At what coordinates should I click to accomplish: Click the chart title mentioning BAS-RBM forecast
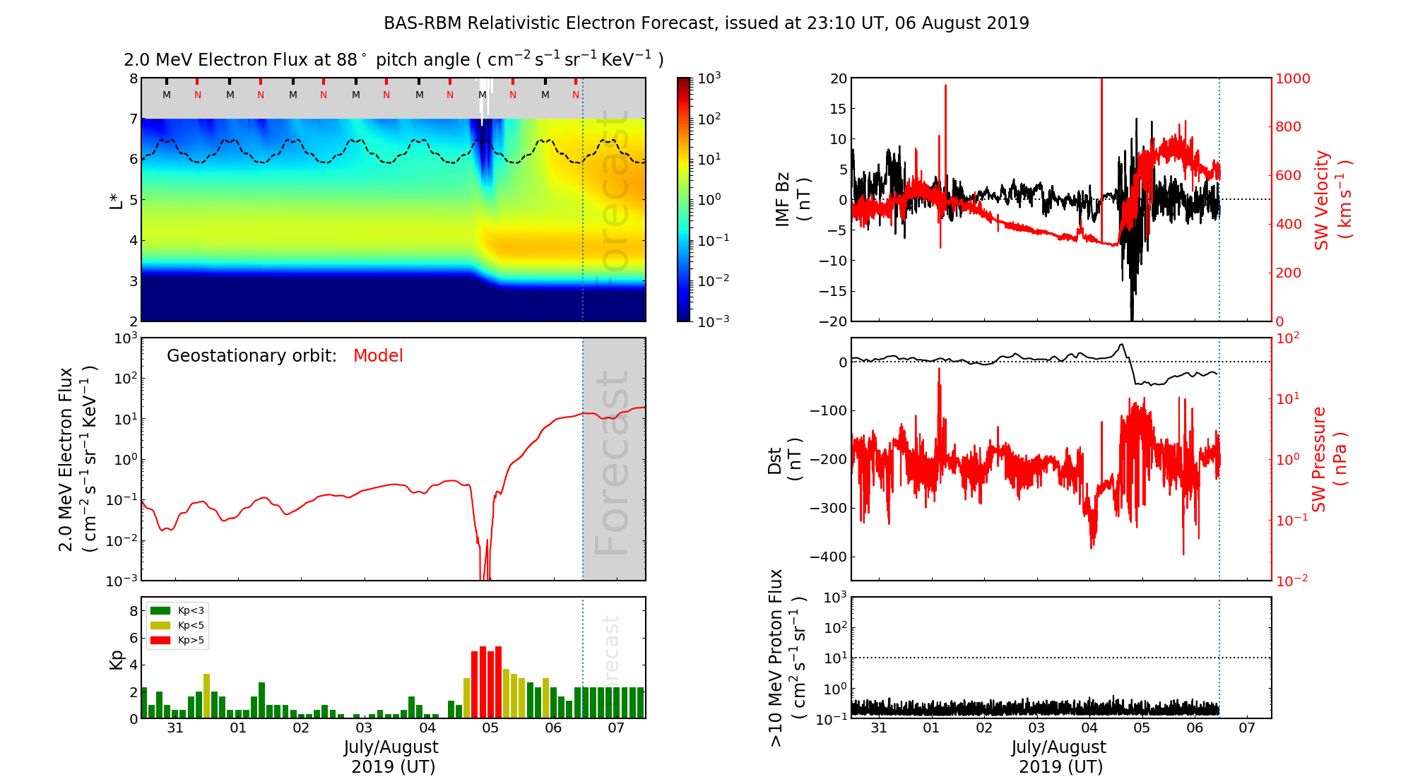click(x=706, y=23)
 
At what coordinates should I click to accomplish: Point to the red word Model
click(x=378, y=356)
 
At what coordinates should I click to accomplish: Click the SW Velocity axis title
click(x=1332, y=199)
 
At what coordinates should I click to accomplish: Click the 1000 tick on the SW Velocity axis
click(x=1292, y=78)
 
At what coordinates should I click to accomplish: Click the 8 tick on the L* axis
click(x=134, y=78)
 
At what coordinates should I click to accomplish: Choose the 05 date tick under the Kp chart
click(x=490, y=728)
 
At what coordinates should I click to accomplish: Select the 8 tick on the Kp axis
click(x=134, y=611)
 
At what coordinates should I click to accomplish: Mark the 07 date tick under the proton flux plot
click(x=1247, y=728)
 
